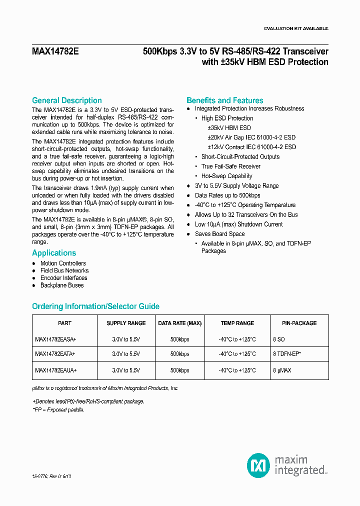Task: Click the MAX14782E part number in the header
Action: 55,51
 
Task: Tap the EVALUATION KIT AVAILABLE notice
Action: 295,28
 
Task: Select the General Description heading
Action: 66,100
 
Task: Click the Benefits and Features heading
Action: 224,100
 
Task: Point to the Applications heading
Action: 54,253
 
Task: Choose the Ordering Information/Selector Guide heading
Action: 95,306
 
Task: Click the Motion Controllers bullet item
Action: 63,263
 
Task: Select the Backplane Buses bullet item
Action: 62,285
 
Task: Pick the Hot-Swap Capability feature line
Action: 226,176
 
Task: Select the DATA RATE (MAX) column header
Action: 179,323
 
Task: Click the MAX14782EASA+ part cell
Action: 55,339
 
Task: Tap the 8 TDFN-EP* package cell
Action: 289,354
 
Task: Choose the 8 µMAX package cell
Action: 282,370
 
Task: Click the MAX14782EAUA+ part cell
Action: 55,370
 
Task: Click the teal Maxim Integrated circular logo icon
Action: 258,465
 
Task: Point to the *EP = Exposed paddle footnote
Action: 58,409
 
